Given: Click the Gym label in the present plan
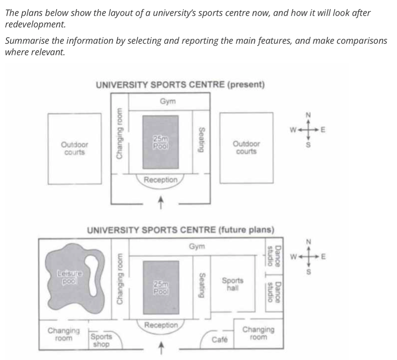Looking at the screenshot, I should (x=168, y=101).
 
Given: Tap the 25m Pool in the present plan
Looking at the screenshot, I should (x=160, y=142).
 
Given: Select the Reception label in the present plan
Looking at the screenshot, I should (x=161, y=180).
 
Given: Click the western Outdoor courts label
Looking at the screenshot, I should (x=75, y=148).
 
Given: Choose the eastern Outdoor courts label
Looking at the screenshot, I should (x=246, y=148).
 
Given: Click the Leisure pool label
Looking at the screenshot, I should (x=70, y=277).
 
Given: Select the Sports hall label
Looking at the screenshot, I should (x=232, y=284).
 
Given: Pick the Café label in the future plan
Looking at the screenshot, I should (x=219, y=339).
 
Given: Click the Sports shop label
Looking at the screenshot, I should (x=101, y=340).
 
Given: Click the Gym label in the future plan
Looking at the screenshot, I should (x=197, y=246).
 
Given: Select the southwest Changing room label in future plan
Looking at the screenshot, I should (x=64, y=334).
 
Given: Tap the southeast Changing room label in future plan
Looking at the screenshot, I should (x=259, y=333).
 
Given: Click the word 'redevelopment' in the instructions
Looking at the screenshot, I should (x=35, y=25).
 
